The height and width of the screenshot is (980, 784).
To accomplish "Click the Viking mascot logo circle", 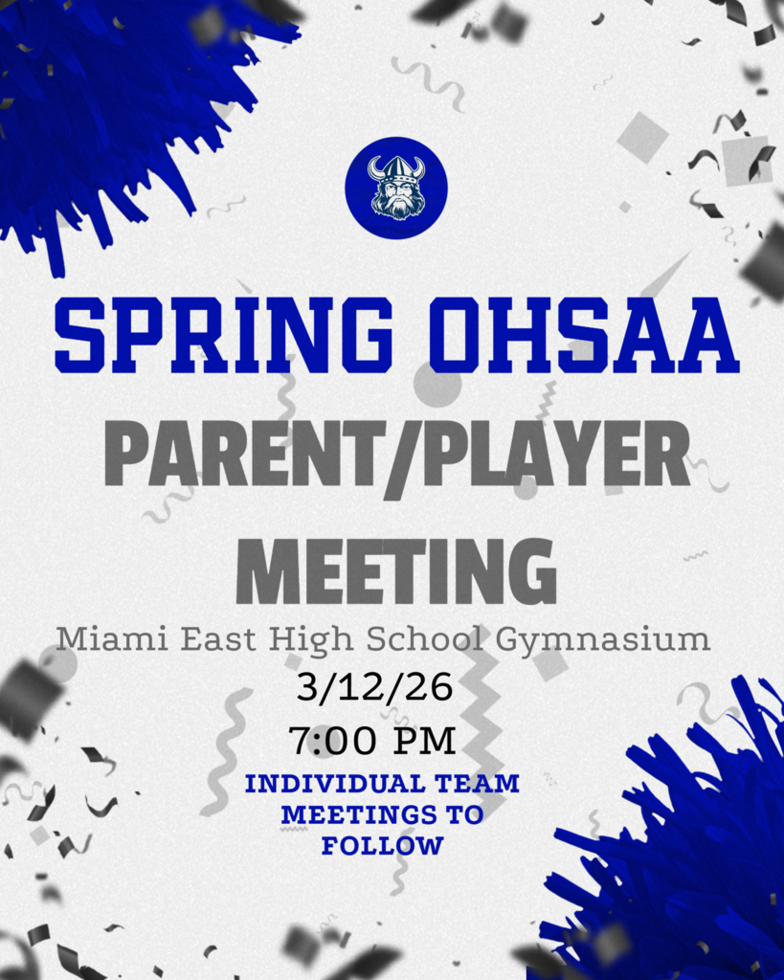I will point(395,188).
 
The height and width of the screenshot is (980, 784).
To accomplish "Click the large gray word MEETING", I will point(395,571).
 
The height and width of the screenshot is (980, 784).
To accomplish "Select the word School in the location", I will point(430,638).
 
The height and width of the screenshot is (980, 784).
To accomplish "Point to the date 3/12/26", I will point(374,687).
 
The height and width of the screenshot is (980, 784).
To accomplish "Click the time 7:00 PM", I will point(372,740).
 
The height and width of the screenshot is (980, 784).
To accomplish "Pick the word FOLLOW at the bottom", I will point(382,846).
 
